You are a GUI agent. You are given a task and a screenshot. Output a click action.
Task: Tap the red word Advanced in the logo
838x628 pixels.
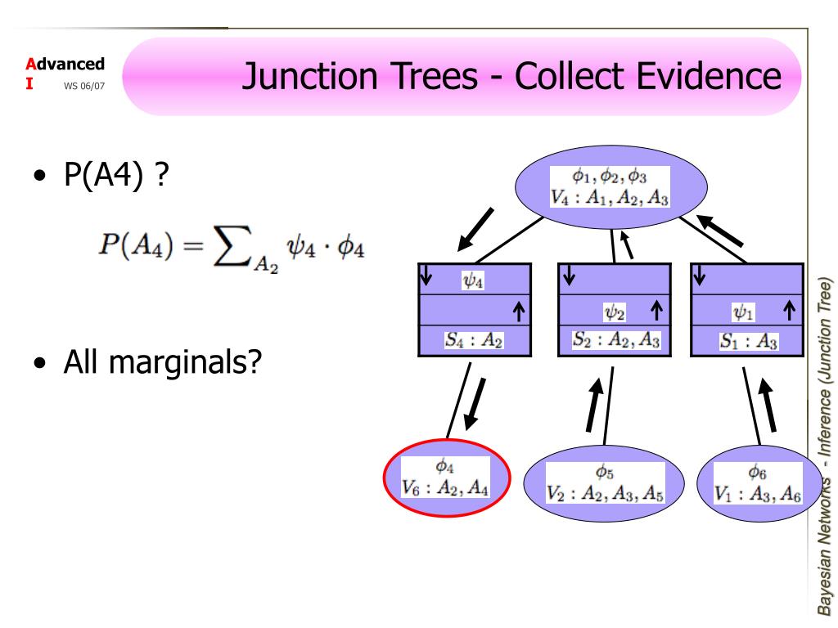point(65,64)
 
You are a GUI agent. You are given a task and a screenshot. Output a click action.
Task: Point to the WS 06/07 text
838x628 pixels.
point(84,86)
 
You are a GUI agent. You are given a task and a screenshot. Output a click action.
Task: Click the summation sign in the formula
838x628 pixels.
point(232,245)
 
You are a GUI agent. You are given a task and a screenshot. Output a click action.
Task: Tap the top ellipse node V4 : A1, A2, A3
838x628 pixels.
point(610,187)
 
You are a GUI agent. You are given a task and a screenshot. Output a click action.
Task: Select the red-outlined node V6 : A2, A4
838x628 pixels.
point(447,478)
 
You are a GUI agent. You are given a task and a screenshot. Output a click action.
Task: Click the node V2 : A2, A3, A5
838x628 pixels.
point(604,483)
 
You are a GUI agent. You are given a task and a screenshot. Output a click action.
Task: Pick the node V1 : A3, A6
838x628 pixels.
point(759,483)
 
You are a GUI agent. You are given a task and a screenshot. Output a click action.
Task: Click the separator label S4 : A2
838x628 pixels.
point(474,340)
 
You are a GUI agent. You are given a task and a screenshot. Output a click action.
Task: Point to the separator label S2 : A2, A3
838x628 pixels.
point(615,339)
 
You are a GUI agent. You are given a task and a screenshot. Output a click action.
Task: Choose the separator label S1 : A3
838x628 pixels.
point(748,341)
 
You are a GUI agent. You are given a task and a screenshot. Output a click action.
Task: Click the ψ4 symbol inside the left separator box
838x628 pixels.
point(473,280)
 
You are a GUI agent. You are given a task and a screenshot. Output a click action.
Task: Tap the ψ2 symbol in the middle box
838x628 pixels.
point(615,312)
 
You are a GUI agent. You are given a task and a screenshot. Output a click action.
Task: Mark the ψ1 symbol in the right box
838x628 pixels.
point(743,312)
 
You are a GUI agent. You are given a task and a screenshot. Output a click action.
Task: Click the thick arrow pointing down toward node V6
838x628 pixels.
point(475,404)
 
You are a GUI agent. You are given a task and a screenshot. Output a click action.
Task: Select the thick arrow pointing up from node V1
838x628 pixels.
point(768,405)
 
